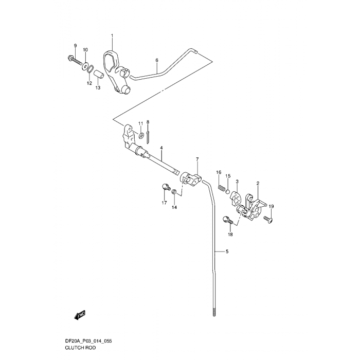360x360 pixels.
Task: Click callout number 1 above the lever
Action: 112,35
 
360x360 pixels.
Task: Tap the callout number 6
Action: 157,60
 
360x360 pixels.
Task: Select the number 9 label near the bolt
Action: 75,46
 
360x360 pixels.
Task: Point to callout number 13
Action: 98,88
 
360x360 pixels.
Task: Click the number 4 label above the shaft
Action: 161,148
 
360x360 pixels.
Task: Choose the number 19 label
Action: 271,206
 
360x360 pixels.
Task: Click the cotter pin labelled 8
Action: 148,136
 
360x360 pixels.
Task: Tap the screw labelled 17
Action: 165,188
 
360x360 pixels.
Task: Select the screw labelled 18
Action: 228,221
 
